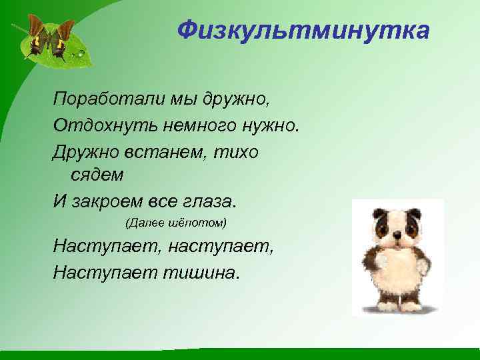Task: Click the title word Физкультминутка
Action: (303, 30)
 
